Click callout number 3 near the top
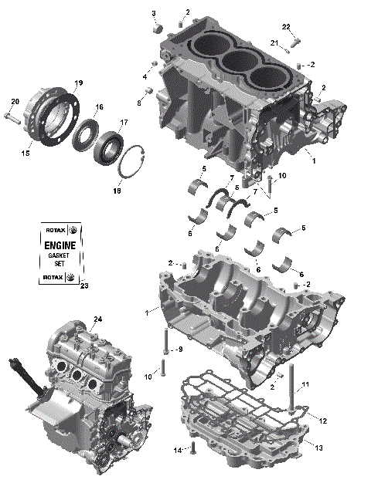[x=153, y=14]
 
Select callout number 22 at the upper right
[x=286, y=28]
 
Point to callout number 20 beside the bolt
[x=14, y=103]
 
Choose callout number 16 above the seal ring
[x=99, y=107]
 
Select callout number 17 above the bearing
[x=124, y=123]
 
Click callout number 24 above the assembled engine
[x=98, y=319]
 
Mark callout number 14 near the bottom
[x=177, y=450]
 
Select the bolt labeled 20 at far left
[x=11, y=117]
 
